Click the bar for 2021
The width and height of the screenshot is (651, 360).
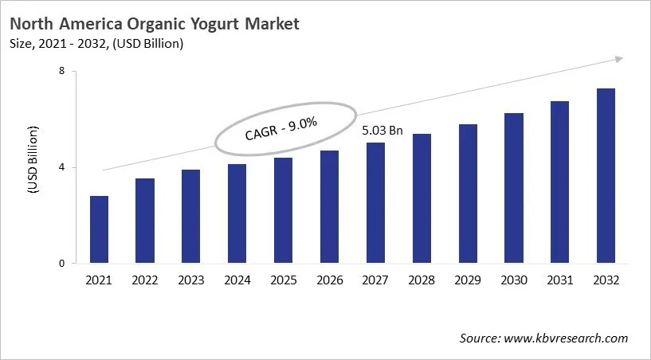[99, 229]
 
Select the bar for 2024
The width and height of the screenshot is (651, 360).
[237, 213]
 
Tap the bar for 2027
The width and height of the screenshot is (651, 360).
[375, 203]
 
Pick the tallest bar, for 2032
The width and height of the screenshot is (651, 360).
[606, 176]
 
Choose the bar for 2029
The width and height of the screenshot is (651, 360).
[467, 194]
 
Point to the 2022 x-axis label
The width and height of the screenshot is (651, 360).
[145, 280]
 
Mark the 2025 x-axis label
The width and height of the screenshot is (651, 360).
[283, 280]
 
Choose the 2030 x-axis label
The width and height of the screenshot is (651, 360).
[513, 280]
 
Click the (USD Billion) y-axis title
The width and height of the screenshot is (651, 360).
[33, 159]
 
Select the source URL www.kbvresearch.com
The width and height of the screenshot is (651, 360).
[567, 338]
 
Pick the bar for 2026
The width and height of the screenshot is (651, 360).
[329, 207]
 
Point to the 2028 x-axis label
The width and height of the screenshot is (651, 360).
[421, 280]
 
